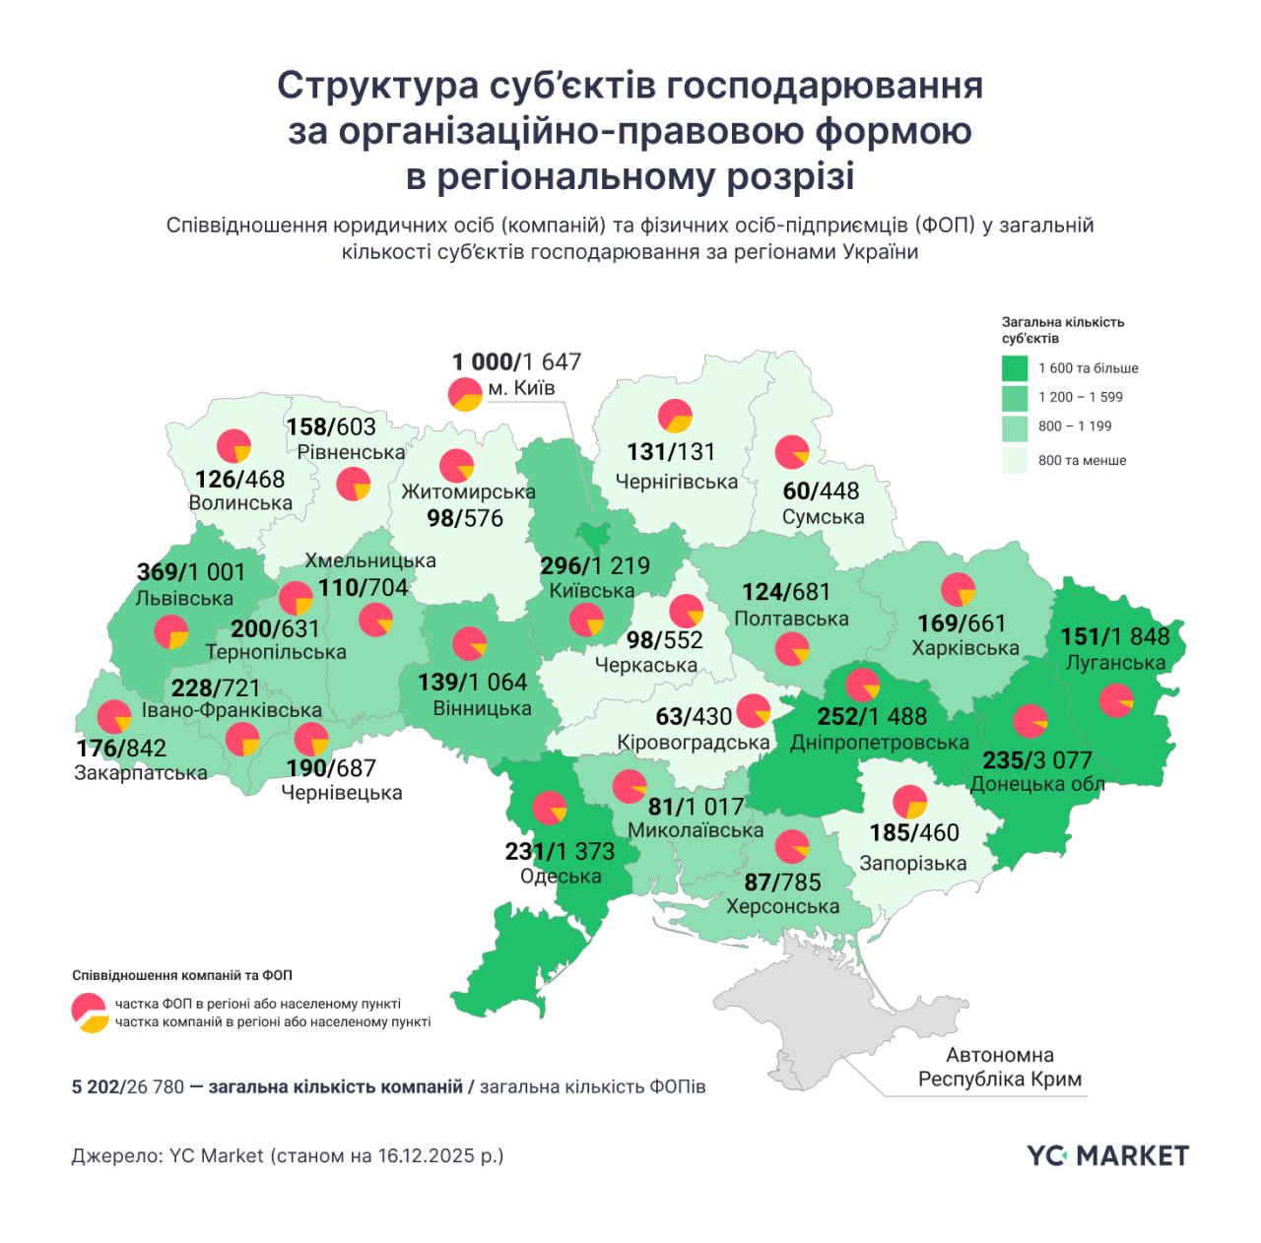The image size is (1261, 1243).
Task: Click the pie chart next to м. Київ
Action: point(465,394)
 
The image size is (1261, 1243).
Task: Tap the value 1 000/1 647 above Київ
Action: point(516,362)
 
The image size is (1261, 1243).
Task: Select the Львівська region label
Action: point(184,599)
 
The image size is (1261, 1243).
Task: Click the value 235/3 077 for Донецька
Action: point(1036,760)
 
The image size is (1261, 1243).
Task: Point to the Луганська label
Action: point(1115,663)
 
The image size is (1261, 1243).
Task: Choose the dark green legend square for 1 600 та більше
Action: point(1015,368)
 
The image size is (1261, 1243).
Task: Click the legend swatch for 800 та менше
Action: point(1015,460)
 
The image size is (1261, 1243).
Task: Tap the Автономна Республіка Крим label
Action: point(999,1068)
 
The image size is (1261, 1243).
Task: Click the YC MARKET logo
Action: point(1107,1155)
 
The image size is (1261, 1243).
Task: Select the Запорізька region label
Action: point(912,864)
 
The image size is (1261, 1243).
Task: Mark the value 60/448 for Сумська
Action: point(821,491)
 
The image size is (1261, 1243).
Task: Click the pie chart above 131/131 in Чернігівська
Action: point(675,416)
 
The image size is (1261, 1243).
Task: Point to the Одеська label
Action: point(560,877)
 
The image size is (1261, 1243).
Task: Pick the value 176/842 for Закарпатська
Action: point(121,749)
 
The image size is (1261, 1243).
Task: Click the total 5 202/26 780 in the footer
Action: point(128,1087)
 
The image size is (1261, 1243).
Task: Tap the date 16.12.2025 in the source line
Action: point(425,1155)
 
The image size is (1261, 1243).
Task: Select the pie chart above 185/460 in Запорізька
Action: point(910,802)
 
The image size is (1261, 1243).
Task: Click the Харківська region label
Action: point(964,648)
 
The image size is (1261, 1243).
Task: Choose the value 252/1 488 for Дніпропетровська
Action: point(872,717)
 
